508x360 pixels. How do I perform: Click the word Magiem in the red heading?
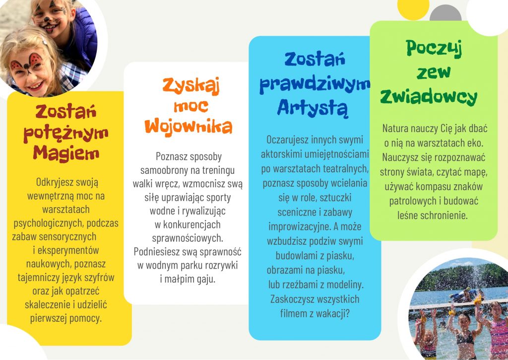click(66, 153)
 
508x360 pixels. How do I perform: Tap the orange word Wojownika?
click(188, 126)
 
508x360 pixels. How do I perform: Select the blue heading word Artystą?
click(313, 108)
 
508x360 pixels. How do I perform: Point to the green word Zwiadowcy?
click(429, 97)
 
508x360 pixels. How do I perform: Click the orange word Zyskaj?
click(191, 86)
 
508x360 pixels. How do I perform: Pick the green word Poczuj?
click(434, 49)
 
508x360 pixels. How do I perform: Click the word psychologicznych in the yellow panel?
click(48, 223)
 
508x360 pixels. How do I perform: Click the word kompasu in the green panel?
click(433, 187)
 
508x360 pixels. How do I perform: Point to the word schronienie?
click(448, 215)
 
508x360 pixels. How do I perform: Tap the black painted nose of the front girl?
click(27, 67)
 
